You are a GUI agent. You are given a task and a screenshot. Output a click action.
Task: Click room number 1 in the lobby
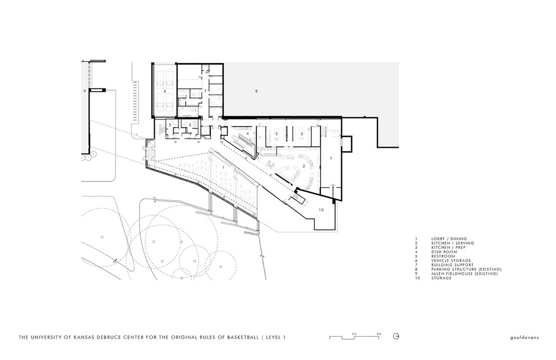click(223, 168)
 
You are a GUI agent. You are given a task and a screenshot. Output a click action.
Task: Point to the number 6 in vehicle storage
click(165, 91)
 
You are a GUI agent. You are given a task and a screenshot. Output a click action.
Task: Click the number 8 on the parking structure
click(256, 91)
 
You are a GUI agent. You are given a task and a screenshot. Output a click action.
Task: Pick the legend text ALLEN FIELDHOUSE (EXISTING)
click(465, 274)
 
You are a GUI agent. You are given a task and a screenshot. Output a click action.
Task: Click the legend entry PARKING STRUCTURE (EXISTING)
click(466, 269)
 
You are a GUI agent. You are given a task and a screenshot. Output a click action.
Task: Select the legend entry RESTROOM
click(444, 256)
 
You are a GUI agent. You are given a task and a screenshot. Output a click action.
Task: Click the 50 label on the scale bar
click(378, 332)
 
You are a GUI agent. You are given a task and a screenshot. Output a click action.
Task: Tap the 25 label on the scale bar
click(353, 332)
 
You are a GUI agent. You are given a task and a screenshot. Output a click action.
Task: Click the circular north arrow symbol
click(397, 337)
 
